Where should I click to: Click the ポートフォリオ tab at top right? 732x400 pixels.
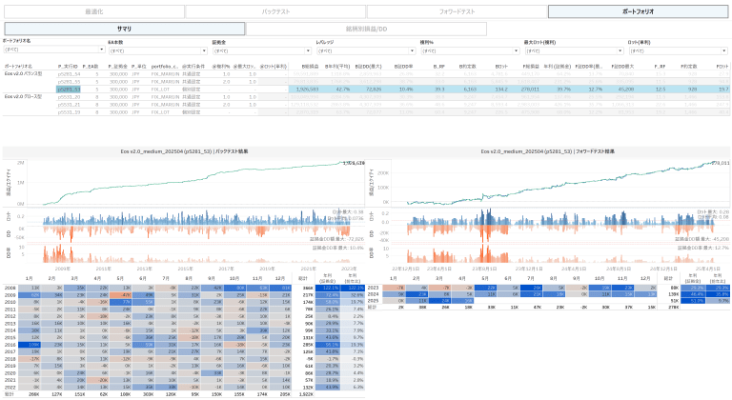[638, 11]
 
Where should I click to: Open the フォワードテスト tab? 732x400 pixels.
[457, 11]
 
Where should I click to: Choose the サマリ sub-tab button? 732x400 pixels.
[124, 30]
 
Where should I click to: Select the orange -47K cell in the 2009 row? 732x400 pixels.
[125, 294]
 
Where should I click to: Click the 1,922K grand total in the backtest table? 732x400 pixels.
[307, 393]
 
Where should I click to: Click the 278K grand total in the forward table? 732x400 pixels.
[674, 307]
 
